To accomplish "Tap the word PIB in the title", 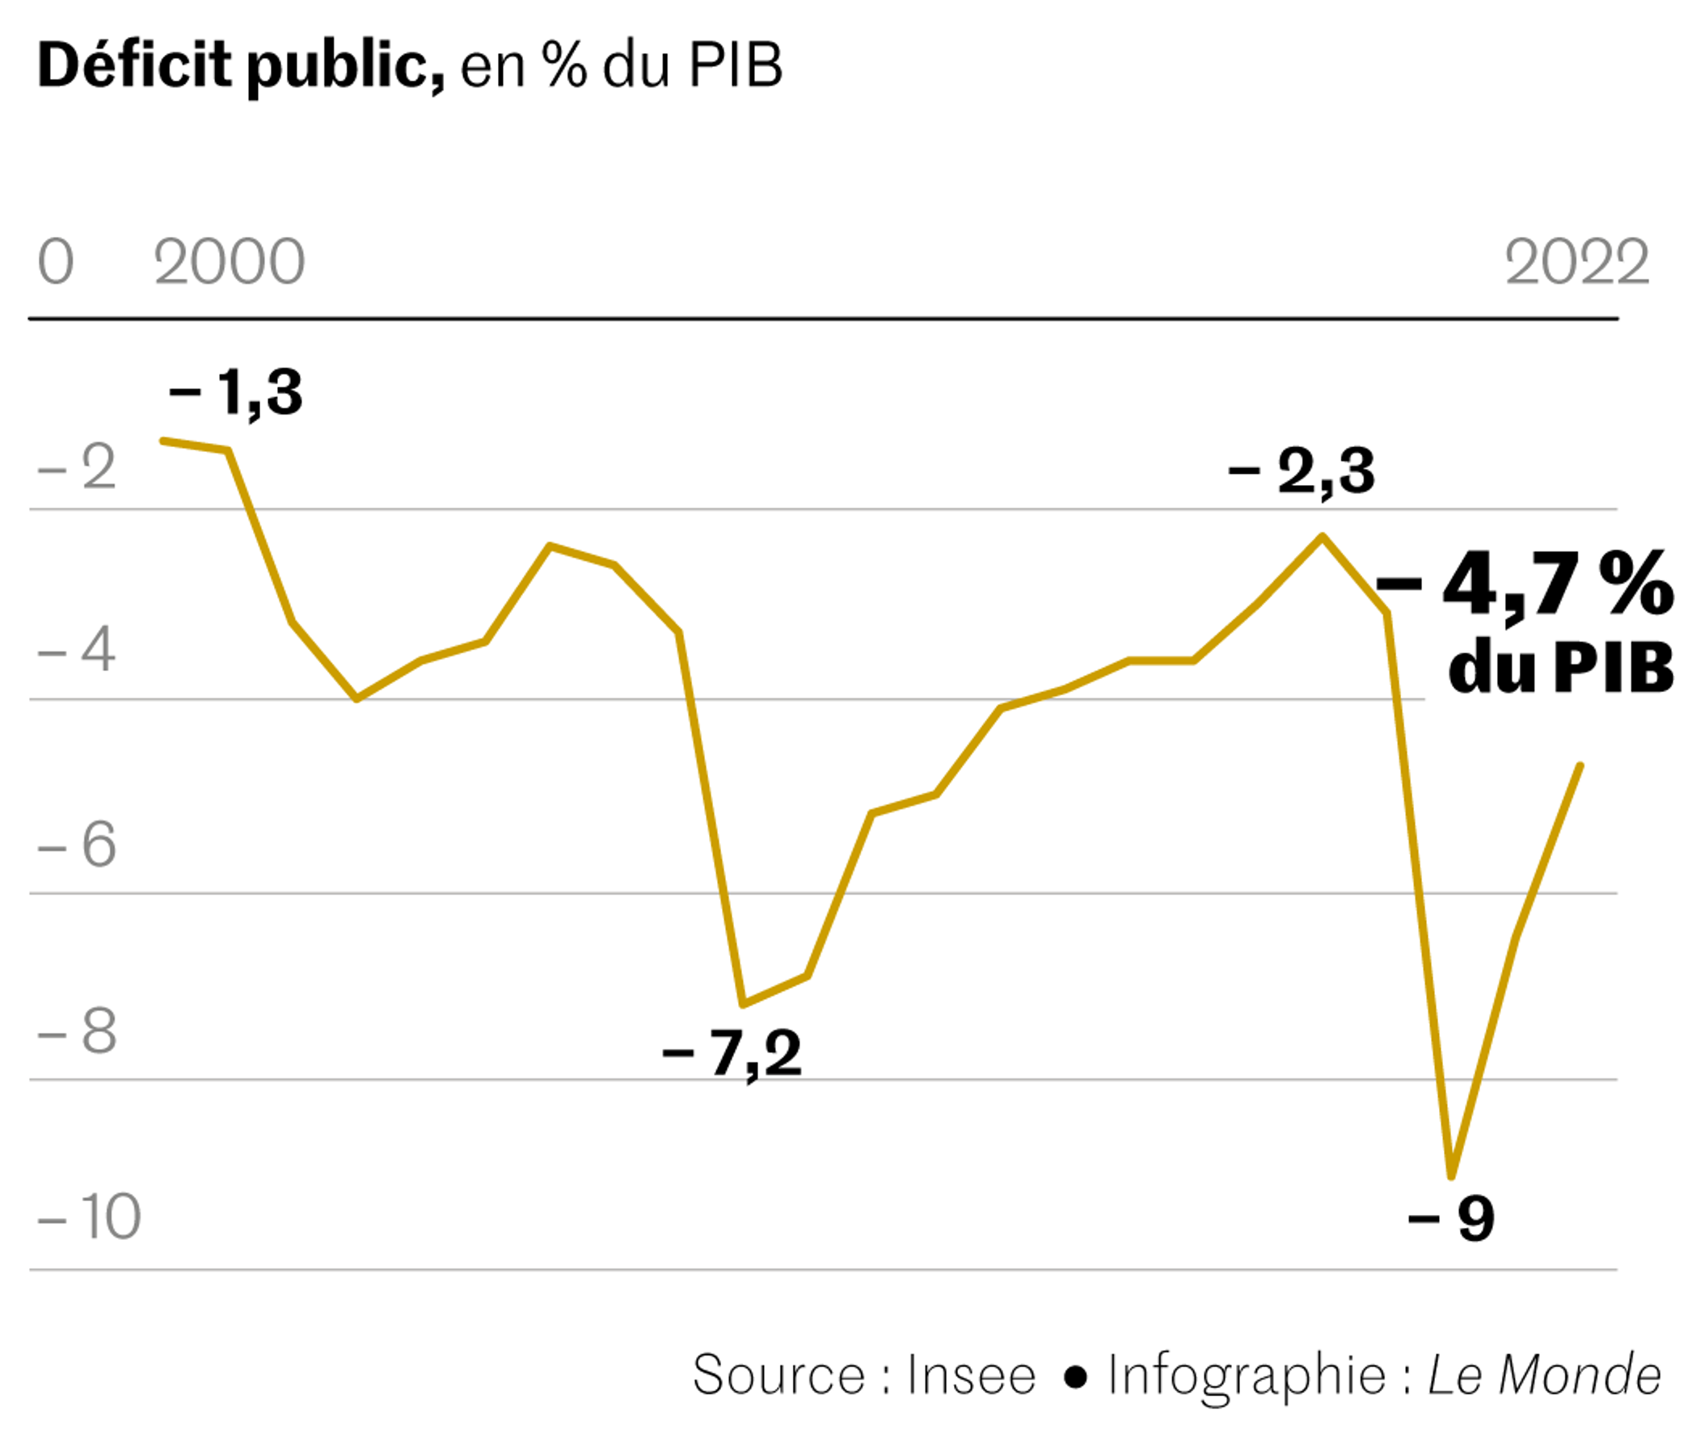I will click(735, 65).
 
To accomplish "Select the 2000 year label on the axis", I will click(230, 263).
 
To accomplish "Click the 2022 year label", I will click(1576, 263).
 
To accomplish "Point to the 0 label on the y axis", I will click(56, 263).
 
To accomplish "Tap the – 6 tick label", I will click(78, 845).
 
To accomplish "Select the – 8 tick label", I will click(78, 1031).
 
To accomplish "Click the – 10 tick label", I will click(90, 1217).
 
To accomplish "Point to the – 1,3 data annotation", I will click(236, 393).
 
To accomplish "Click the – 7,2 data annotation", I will click(732, 1053).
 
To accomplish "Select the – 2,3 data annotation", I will click(1302, 471).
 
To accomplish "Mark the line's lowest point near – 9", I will click(1451, 1176).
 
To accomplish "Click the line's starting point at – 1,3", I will click(162, 441).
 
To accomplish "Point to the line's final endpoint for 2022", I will click(1581, 765).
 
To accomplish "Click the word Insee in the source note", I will click(971, 1375).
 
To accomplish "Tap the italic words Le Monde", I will click(1543, 1375).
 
